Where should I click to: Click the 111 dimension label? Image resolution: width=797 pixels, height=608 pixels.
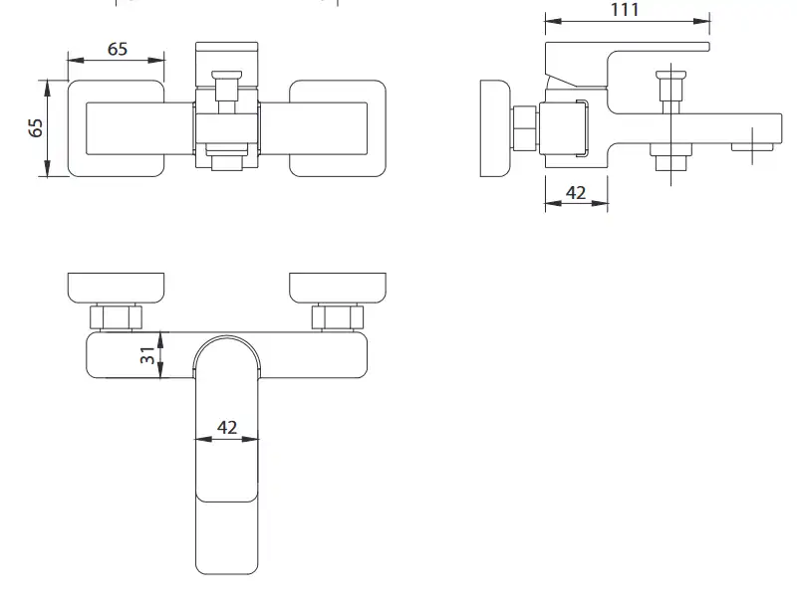click(625, 9)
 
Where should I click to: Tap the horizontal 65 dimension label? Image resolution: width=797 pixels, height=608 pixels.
click(118, 49)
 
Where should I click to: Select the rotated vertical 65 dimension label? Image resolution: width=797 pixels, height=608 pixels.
click(36, 128)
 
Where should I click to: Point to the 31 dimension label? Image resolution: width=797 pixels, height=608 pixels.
click(147, 355)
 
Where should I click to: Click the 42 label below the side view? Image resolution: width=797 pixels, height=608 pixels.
click(576, 193)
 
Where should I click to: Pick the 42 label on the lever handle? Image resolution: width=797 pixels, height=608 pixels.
click(227, 427)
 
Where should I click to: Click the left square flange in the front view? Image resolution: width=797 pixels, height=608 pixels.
click(116, 128)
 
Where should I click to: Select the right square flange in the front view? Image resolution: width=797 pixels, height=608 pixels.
click(338, 128)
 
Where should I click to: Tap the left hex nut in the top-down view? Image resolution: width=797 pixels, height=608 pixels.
click(116, 317)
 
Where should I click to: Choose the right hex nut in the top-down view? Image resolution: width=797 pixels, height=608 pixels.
click(338, 317)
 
